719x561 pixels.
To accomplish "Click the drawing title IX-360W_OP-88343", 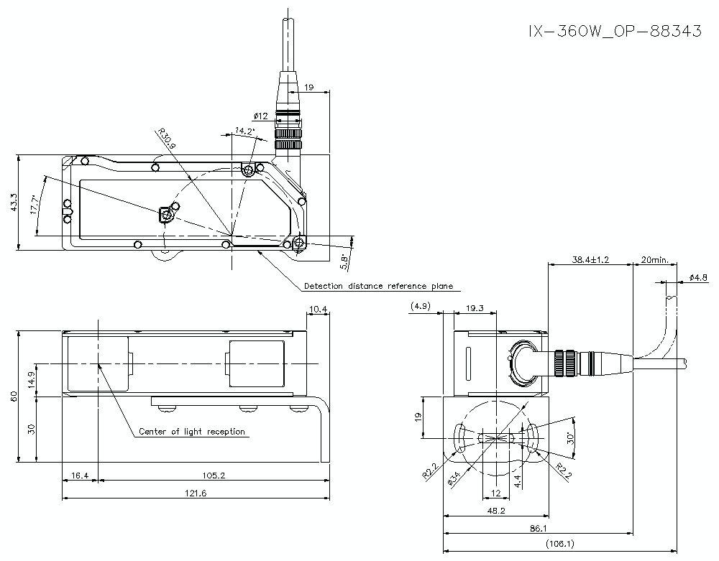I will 614,32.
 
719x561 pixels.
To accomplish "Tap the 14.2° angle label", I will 244,131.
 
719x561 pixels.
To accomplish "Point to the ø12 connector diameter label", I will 260,116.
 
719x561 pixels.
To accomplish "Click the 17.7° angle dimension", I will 34,205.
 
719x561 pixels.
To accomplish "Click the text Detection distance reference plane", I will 378,286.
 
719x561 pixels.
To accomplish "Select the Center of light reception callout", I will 192,432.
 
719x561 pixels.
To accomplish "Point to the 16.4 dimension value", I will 78,476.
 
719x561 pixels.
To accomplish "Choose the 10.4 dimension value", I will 318,310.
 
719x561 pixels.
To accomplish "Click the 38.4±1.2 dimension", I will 589,260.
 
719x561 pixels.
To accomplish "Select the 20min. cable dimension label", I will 654,260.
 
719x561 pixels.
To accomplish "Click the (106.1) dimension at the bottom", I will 560,544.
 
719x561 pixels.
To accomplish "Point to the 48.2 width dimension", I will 496,511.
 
